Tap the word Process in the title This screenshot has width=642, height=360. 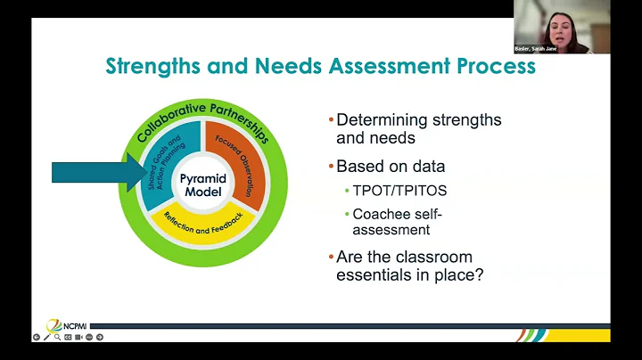pos(498,66)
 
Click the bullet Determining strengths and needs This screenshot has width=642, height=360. pos(418,129)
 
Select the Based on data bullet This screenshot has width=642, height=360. pos(391,167)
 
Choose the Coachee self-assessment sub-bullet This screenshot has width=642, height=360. pos(397,222)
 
